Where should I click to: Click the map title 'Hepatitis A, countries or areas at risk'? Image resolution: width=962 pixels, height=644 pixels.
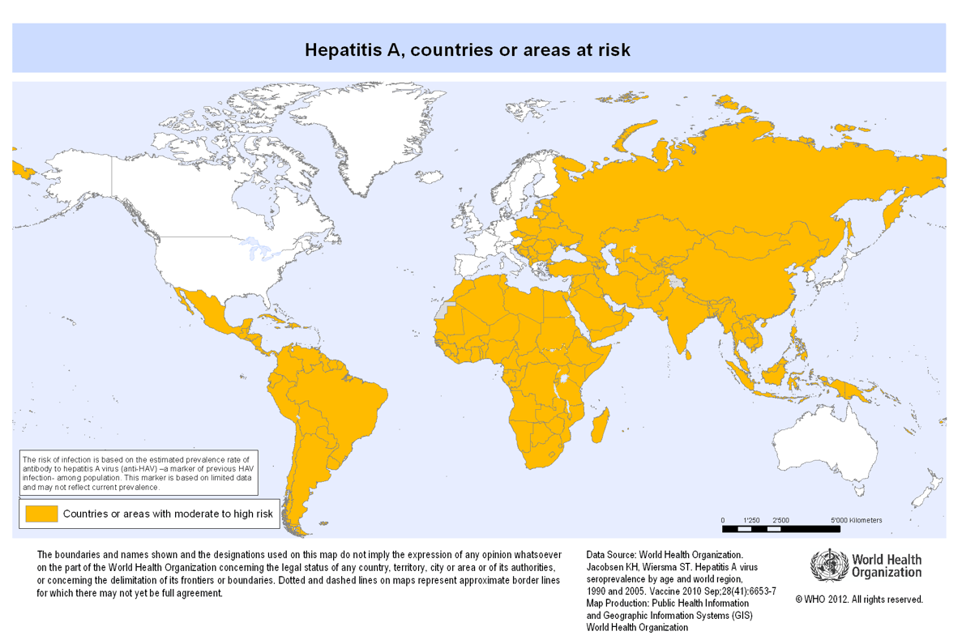click(x=468, y=49)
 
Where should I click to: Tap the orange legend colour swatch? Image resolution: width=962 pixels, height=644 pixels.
click(x=41, y=513)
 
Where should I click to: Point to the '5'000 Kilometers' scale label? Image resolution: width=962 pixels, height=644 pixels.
click(x=856, y=519)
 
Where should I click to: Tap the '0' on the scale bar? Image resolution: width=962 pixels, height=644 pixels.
click(x=723, y=519)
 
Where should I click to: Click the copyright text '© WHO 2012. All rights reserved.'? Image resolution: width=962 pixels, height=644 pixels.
click(x=859, y=599)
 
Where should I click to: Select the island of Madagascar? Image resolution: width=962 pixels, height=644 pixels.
click(x=600, y=424)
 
